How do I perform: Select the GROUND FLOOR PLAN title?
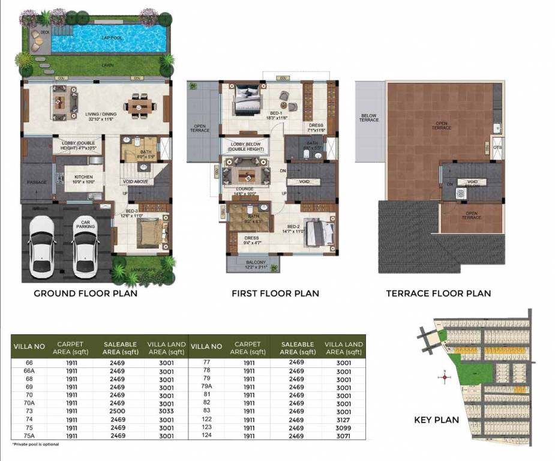tap(85, 294)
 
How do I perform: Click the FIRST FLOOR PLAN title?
tap(275, 294)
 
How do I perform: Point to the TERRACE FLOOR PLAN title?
tap(438, 294)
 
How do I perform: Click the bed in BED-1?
tap(246, 98)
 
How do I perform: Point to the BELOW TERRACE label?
tap(369, 118)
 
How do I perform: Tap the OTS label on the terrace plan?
tap(497, 147)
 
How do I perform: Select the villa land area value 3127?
tap(343, 420)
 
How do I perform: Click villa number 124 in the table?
tap(206, 436)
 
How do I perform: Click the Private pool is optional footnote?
tap(35, 445)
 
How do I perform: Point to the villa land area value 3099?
tap(343, 428)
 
